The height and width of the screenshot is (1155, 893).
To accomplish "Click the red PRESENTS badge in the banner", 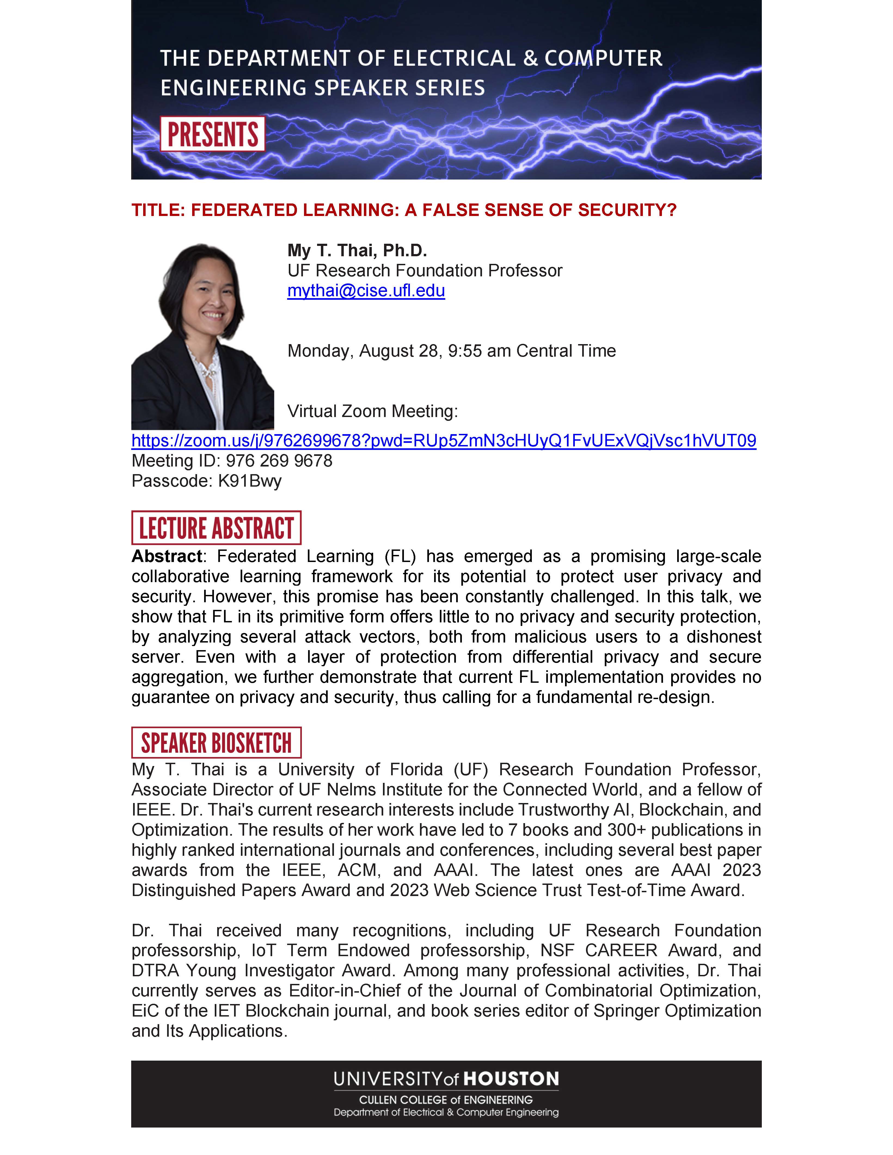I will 213,134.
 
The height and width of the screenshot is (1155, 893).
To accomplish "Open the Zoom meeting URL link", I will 443,440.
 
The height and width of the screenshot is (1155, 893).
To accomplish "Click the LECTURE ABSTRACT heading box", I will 216,528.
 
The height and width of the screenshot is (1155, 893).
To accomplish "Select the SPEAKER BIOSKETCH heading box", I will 216,743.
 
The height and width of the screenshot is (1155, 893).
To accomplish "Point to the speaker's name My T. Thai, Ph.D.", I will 357,250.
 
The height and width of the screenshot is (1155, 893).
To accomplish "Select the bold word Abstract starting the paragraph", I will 167,556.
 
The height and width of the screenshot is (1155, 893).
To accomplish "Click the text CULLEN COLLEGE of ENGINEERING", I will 446,1100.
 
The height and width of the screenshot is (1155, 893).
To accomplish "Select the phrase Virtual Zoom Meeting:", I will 372,411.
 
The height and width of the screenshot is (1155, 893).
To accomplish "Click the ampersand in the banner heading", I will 530,58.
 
